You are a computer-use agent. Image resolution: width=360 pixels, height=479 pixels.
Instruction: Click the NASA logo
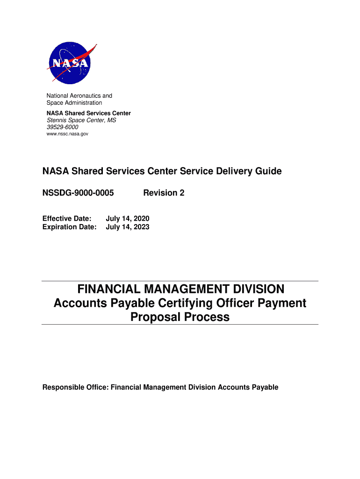point(70,63)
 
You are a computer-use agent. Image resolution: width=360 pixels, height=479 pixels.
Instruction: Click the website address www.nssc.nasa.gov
point(67,134)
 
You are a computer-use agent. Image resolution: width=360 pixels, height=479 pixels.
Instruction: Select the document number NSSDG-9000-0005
point(78,193)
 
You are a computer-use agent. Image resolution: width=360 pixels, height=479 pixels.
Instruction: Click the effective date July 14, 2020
point(128,218)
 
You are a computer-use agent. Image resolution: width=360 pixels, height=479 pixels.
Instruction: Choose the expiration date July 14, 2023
point(128,227)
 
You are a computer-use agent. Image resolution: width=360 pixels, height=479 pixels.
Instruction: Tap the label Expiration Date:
point(70,227)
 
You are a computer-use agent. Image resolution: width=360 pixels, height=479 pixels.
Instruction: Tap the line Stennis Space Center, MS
point(81,120)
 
